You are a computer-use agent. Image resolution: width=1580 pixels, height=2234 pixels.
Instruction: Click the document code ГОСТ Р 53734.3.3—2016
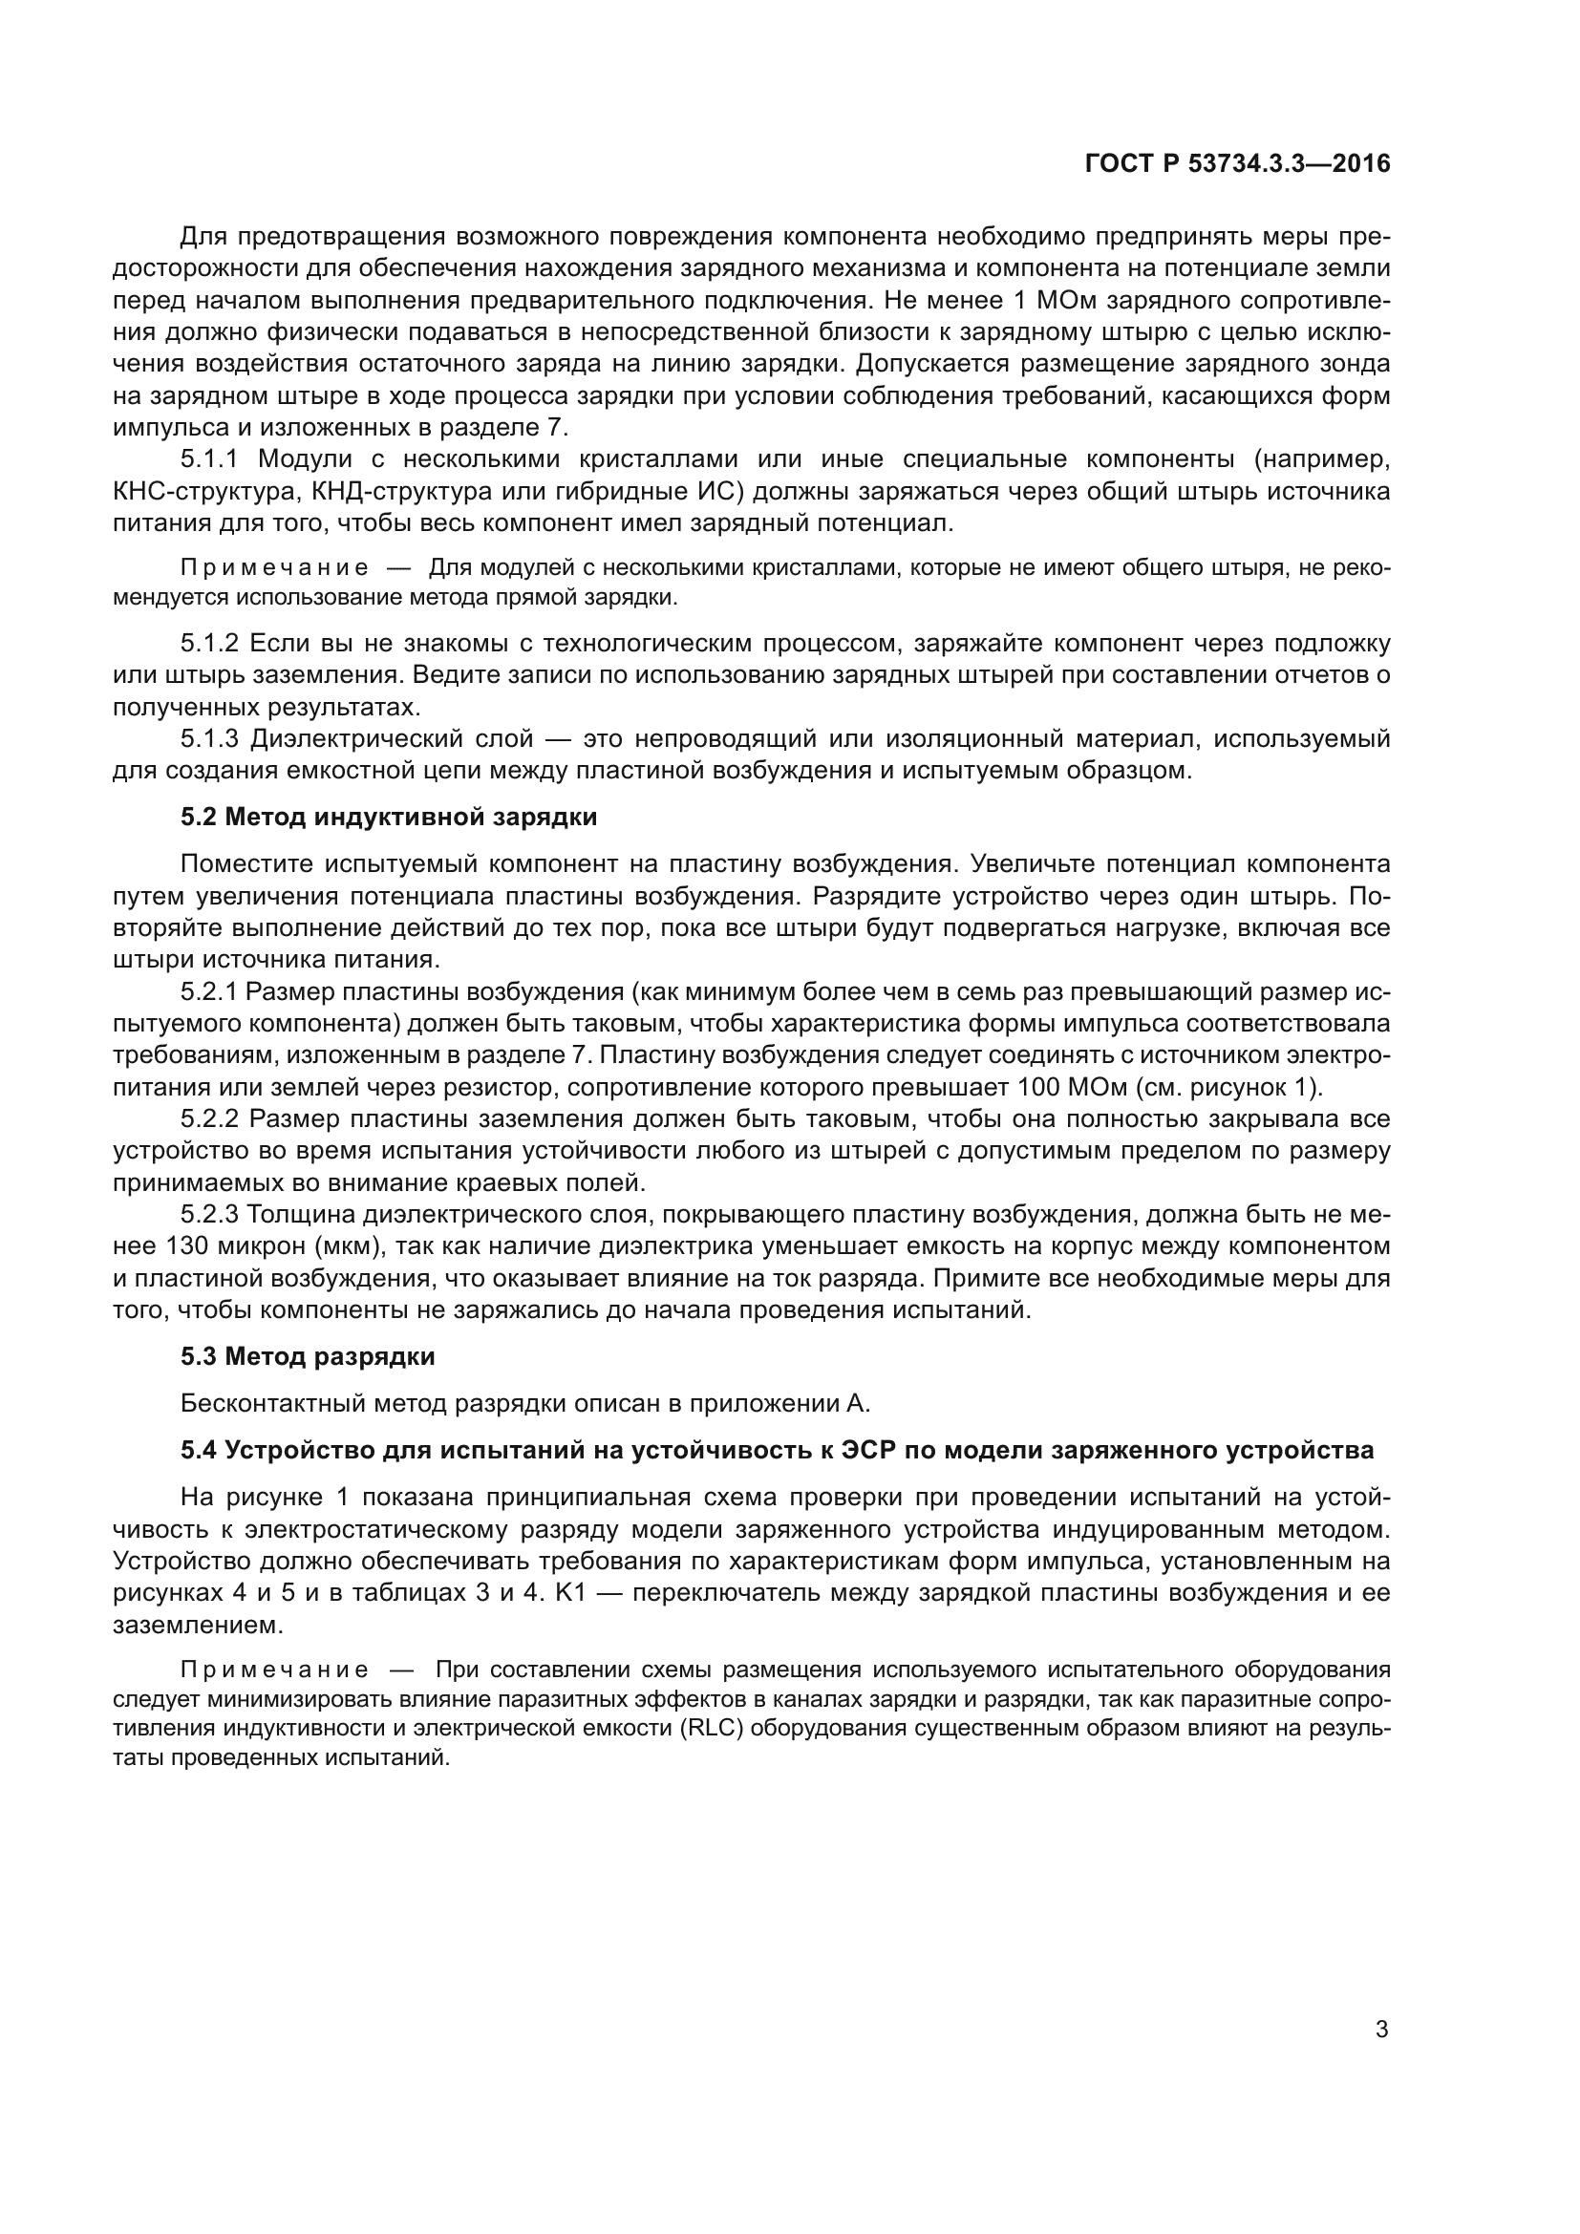click(x=1236, y=163)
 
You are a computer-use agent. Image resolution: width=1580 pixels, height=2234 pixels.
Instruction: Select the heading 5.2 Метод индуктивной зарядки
click(x=388, y=817)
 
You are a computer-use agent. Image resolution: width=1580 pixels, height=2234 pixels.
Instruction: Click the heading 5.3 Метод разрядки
click(x=308, y=1356)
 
